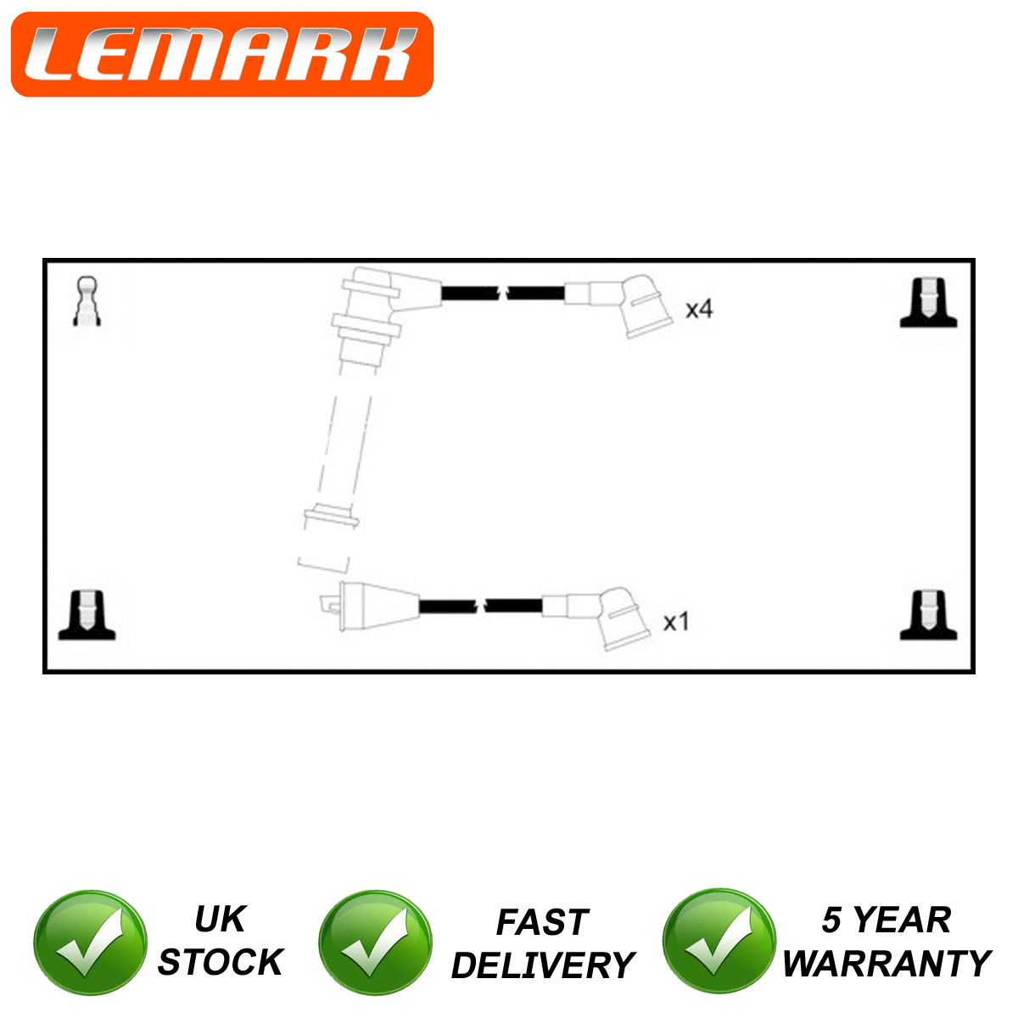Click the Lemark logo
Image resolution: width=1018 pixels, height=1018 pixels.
[222, 54]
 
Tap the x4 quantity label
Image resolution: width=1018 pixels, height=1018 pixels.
[698, 309]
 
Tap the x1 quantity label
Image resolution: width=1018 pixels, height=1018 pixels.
[675, 622]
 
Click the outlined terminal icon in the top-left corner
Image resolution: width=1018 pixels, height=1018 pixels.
[87, 301]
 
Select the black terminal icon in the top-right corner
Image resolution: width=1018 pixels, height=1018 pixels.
[928, 303]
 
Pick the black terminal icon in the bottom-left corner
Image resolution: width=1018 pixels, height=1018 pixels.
[87, 615]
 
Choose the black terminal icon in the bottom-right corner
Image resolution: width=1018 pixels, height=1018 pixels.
[928, 615]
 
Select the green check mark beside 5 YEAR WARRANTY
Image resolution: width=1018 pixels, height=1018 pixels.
[719, 941]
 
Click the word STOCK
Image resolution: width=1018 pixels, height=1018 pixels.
[221, 961]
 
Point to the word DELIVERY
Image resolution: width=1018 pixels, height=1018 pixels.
[543, 965]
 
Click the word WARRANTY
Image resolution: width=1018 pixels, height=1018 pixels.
[887, 964]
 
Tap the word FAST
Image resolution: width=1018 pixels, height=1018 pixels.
[542, 922]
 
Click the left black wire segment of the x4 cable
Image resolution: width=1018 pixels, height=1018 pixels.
[470, 293]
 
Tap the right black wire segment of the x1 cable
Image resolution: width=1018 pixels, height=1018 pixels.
[513, 606]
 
